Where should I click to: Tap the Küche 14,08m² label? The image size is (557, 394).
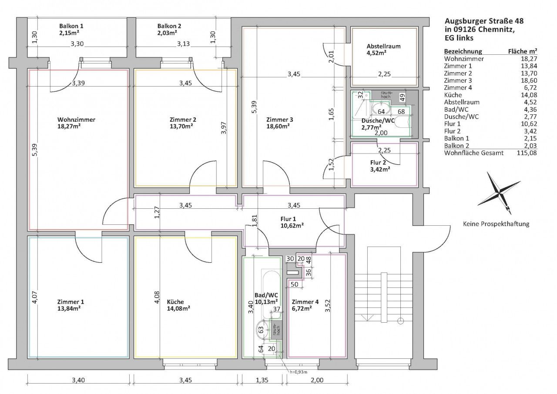coord(178,305)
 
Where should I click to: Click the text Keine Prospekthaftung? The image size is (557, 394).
coord(496,224)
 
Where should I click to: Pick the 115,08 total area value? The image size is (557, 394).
coord(527,153)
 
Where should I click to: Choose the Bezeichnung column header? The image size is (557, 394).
coord(463,51)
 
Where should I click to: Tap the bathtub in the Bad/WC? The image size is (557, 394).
coord(271,294)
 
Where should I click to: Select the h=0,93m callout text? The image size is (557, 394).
coord(299,372)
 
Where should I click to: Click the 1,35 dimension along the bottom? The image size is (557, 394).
coord(262,380)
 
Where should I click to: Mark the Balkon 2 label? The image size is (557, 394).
coord(169,29)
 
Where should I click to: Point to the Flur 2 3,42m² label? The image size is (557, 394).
coord(380,166)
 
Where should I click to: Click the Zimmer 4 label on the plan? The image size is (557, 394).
coord(305,305)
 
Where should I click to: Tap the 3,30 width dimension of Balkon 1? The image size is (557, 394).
coord(77,44)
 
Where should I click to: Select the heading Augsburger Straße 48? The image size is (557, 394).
coord(484,21)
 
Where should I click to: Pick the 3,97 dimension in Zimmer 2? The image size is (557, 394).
coord(224,128)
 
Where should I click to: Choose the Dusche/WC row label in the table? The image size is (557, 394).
coord(461,117)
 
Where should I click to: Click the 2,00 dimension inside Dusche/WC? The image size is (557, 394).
coord(381,133)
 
